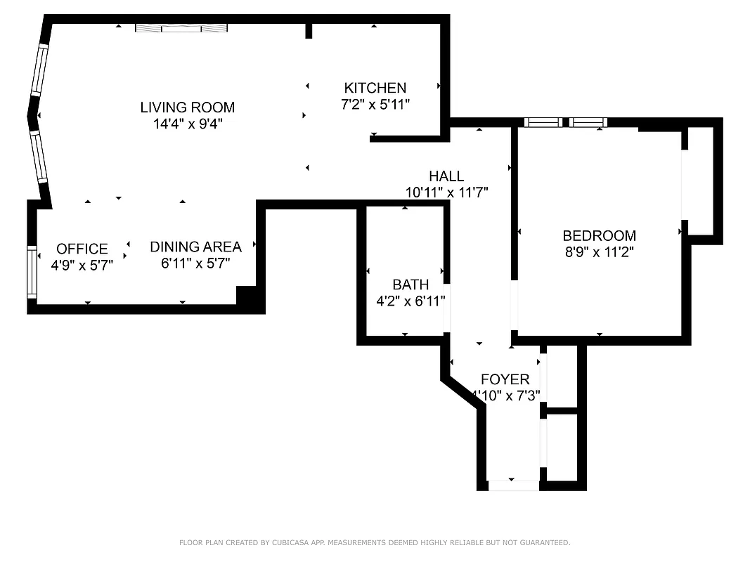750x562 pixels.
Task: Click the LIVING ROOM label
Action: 187,107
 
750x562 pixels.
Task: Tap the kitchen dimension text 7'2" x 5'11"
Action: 375,104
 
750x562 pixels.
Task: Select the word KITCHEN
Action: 375,88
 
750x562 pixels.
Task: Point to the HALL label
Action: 446,176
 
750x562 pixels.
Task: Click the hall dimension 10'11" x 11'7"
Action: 446,192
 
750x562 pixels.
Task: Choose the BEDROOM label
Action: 599,236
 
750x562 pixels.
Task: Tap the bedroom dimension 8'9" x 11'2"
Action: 599,252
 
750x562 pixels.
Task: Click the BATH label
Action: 410,285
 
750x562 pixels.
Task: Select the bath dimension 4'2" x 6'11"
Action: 410,301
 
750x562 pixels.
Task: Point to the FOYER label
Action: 505,380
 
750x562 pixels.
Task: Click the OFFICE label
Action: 82,249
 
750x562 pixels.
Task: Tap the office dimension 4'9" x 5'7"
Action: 82,265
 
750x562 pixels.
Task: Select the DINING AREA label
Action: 195,247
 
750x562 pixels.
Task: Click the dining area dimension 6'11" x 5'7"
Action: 195,263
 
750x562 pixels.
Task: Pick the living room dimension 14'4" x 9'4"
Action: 187,124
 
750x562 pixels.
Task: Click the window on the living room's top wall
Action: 182,28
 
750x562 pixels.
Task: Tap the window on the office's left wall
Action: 31,271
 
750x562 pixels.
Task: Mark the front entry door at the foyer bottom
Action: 512,485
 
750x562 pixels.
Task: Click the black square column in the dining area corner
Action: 247,296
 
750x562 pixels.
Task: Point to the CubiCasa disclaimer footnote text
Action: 375,542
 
